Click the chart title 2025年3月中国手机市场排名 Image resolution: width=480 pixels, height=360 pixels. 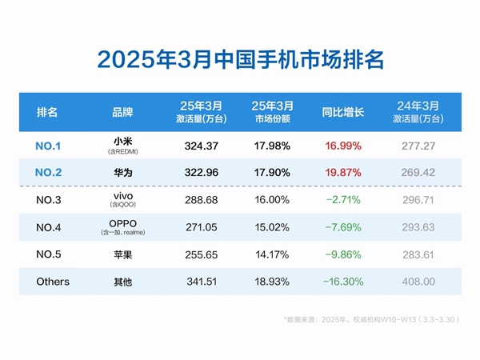click(x=240, y=59)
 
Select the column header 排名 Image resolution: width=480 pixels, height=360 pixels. click(x=47, y=112)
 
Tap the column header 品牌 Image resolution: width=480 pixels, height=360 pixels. click(x=122, y=112)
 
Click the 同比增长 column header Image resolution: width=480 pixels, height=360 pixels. click(x=343, y=112)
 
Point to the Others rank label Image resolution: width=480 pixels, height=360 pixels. click(x=53, y=282)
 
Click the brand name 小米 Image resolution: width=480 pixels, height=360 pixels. click(x=122, y=142)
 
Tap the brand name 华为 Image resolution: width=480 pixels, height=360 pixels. click(x=122, y=172)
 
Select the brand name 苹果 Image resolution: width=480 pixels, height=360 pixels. click(x=122, y=254)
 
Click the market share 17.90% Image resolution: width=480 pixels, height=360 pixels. click(x=273, y=172)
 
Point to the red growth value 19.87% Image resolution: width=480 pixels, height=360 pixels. click(x=343, y=172)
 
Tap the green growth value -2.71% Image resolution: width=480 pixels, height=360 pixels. click(x=343, y=199)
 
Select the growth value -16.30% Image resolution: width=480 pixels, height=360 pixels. click(x=343, y=282)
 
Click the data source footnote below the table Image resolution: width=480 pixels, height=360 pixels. click(x=372, y=319)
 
